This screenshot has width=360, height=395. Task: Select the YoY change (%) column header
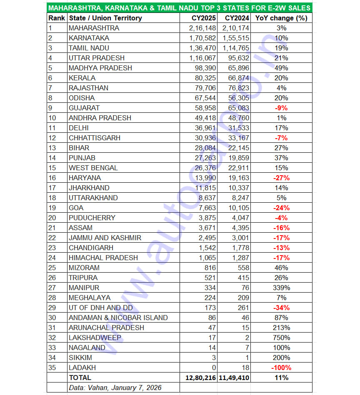(281, 18)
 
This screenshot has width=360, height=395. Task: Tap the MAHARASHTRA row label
(94, 28)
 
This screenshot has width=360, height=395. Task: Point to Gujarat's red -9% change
(281, 108)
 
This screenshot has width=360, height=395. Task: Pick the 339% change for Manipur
(281, 288)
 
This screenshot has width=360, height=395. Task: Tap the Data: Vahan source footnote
(115, 388)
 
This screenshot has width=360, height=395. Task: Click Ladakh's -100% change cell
(281, 368)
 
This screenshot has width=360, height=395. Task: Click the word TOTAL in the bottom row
(80, 378)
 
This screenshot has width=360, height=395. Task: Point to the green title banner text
(179, 8)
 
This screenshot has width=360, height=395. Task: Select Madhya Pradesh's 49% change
(281, 68)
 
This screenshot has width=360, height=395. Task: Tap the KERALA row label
(82, 78)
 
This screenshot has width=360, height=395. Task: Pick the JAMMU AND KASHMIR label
(105, 238)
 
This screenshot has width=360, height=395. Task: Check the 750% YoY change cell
(281, 338)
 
